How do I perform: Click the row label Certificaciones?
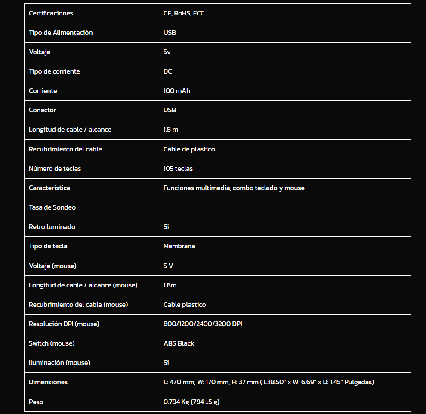point(51,13)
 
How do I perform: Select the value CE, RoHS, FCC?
point(184,13)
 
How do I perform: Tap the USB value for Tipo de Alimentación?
point(170,33)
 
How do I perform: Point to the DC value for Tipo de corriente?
point(167,71)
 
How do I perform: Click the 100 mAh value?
point(176,91)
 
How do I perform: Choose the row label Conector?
point(42,110)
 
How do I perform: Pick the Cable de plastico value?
point(189,149)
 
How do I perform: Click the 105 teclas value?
point(178,169)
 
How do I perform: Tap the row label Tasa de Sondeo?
point(52,207)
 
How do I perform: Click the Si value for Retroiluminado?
point(166,227)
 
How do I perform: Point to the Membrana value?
point(179,246)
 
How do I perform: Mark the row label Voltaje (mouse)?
point(52,266)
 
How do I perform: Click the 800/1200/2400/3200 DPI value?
point(202,324)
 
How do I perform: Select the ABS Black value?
point(179,343)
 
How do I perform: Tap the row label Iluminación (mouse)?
point(59,363)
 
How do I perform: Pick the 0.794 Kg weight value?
point(176,402)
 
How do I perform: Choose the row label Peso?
point(36,402)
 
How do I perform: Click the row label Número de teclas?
point(55,169)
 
